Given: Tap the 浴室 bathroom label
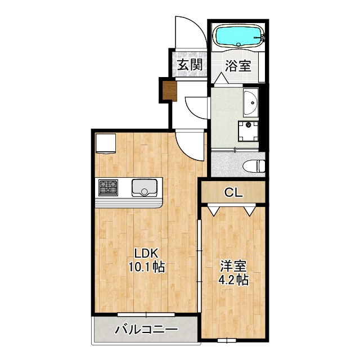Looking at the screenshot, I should pos(238,66).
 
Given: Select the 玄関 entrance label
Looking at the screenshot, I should pos(190,65).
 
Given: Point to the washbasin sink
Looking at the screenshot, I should pos(251,102).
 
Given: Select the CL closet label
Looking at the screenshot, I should pos(233,192).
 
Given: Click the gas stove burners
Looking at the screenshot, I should pos(109,186).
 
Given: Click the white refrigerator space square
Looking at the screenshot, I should pos(105,143).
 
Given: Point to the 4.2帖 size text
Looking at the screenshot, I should pos(233,280).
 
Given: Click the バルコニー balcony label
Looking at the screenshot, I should pos(146,330).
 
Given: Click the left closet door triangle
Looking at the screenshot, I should pos(213,210).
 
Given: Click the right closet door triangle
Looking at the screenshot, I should pos(250,210).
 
